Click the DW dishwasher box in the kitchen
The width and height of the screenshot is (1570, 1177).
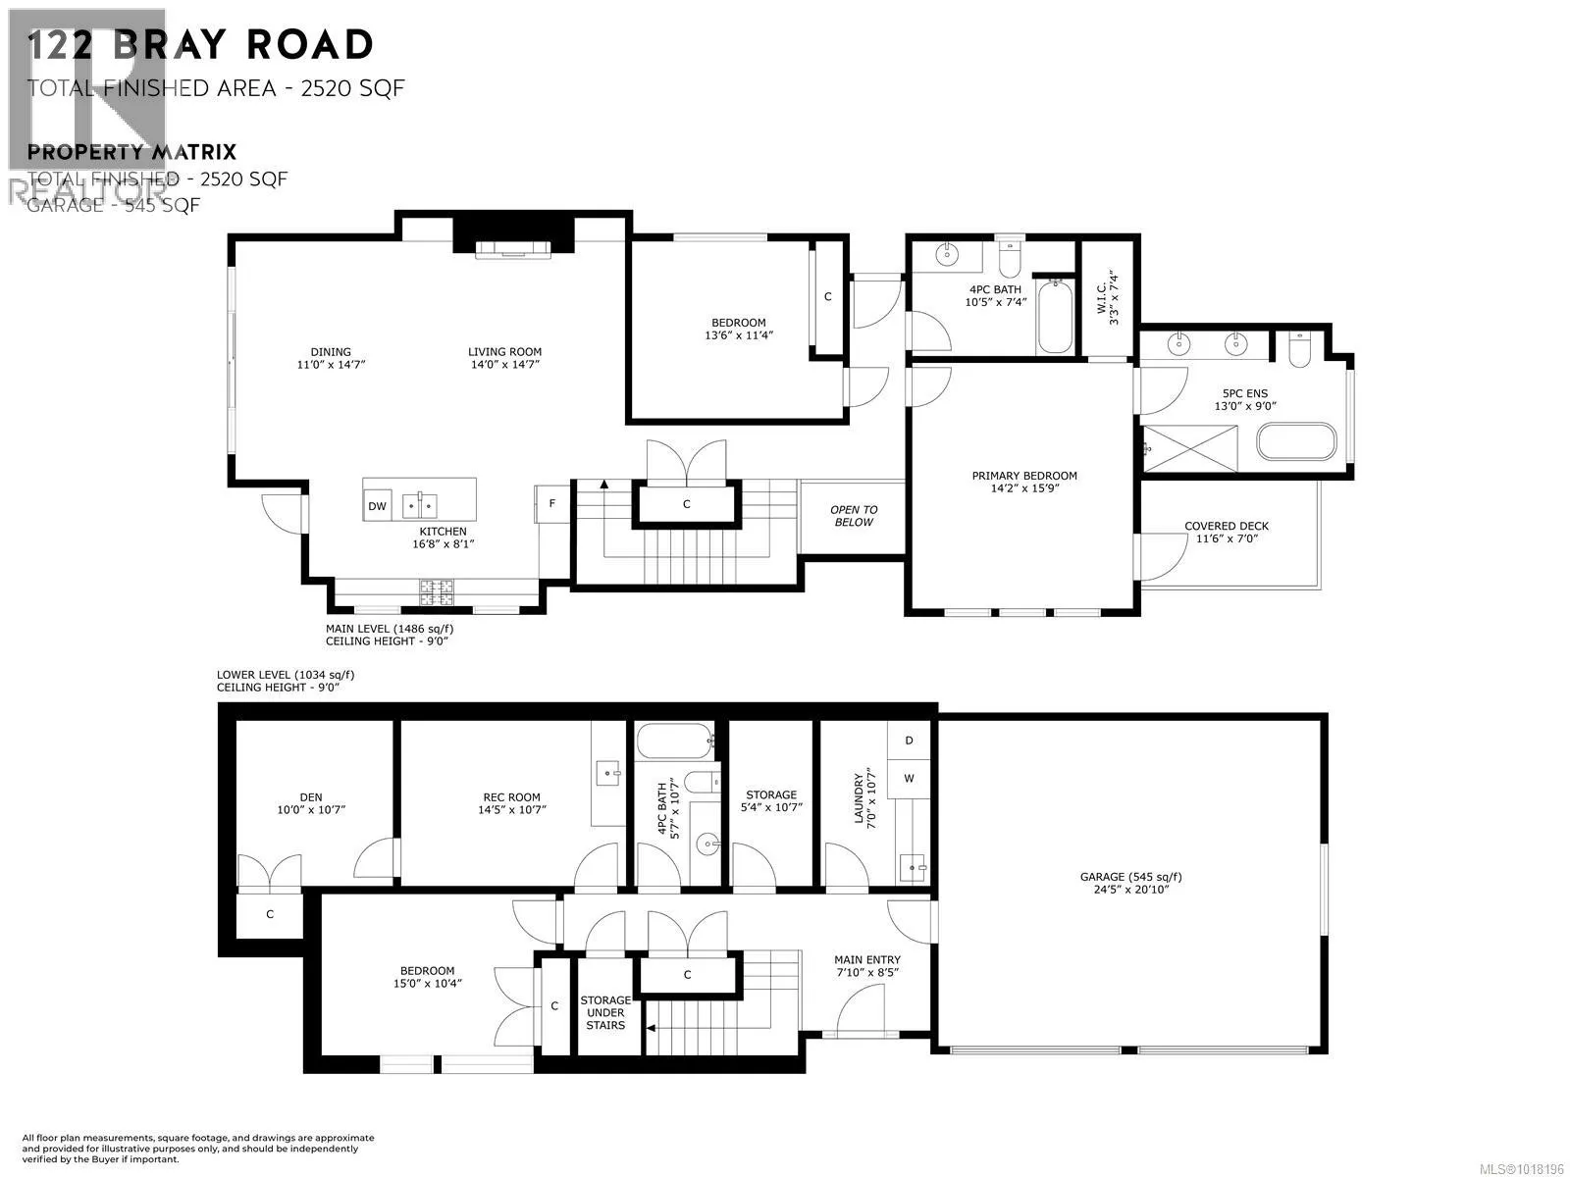tap(377, 506)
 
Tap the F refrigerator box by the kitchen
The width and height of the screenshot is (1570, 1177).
tap(552, 503)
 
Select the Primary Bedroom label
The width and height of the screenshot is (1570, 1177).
tap(1024, 476)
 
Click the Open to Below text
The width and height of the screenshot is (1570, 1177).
tap(854, 516)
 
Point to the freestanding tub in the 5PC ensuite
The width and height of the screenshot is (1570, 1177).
tap(1296, 441)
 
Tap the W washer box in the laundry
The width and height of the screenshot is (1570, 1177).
tap(909, 778)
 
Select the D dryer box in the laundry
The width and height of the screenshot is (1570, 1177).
tap(909, 741)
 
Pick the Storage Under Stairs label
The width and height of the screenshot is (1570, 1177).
tap(605, 1013)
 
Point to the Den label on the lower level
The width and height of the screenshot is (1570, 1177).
tap(311, 797)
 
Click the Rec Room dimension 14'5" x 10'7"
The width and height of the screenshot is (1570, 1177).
tap(511, 810)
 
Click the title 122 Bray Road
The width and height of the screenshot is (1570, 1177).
tap(200, 45)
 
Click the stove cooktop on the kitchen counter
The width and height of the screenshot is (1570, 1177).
tap(437, 591)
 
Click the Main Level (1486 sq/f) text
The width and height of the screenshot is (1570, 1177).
tap(390, 629)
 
